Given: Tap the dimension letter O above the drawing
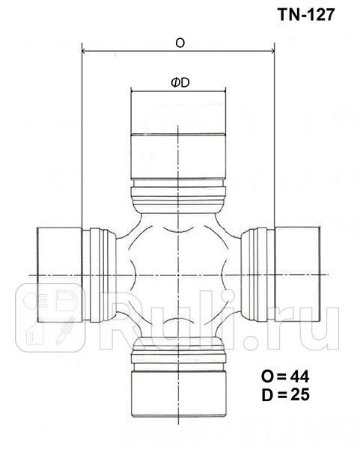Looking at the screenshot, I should pos(180,43).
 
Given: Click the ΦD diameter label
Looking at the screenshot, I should pos(180,82).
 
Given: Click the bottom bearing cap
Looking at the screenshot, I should pos(178,392).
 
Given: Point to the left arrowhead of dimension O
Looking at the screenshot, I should pos(84,52).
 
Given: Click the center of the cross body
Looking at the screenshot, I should pos(178,275).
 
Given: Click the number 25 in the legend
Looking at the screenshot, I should pos(300,392).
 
